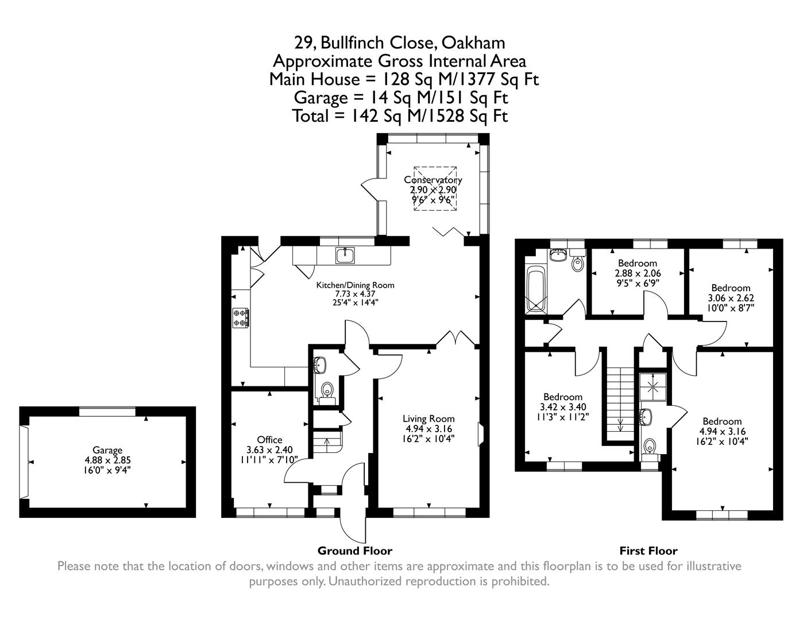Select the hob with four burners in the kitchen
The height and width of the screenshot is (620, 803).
[x=241, y=317]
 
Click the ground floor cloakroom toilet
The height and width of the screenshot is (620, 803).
[x=327, y=390]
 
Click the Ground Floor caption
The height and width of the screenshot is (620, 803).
[x=354, y=551]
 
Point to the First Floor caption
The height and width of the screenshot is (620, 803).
[x=648, y=551]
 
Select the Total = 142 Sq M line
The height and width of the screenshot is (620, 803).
[x=400, y=116]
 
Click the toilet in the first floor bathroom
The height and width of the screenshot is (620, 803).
[x=577, y=264]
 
